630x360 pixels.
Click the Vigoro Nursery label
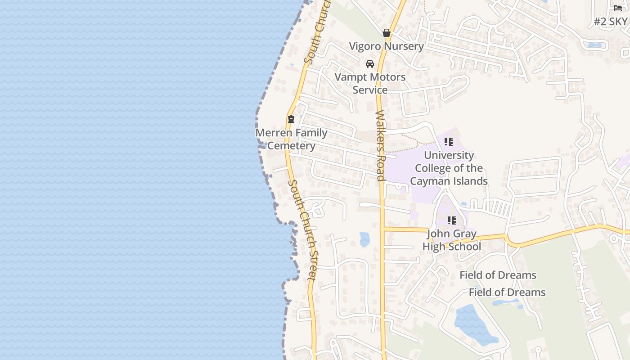tap(387, 46)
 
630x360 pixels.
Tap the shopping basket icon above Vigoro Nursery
tap(387, 33)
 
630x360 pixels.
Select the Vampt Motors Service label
tap(370, 83)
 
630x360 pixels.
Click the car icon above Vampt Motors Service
tap(370, 64)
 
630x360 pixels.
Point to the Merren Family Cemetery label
tap(291, 139)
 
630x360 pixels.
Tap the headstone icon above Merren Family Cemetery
tap(291, 119)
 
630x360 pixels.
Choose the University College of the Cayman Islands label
tap(449, 168)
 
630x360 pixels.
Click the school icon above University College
tap(449, 142)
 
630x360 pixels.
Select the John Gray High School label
tap(451, 240)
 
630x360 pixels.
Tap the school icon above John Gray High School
tap(452, 220)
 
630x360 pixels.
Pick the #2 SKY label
tap(610, 21)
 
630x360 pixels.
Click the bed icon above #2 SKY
tap(618, 8)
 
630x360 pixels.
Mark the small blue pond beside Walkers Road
tap(364, 239)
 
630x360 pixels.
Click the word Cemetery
tap(291, 146)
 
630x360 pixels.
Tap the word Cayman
tap(433, 181)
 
